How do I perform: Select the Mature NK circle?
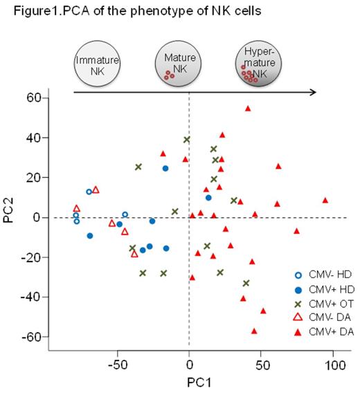(174, 64)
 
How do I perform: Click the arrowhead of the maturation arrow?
(313, 92)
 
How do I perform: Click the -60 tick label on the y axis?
(29, 337)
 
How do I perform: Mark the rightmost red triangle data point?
(325, 201)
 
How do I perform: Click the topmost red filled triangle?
(248, 109)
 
